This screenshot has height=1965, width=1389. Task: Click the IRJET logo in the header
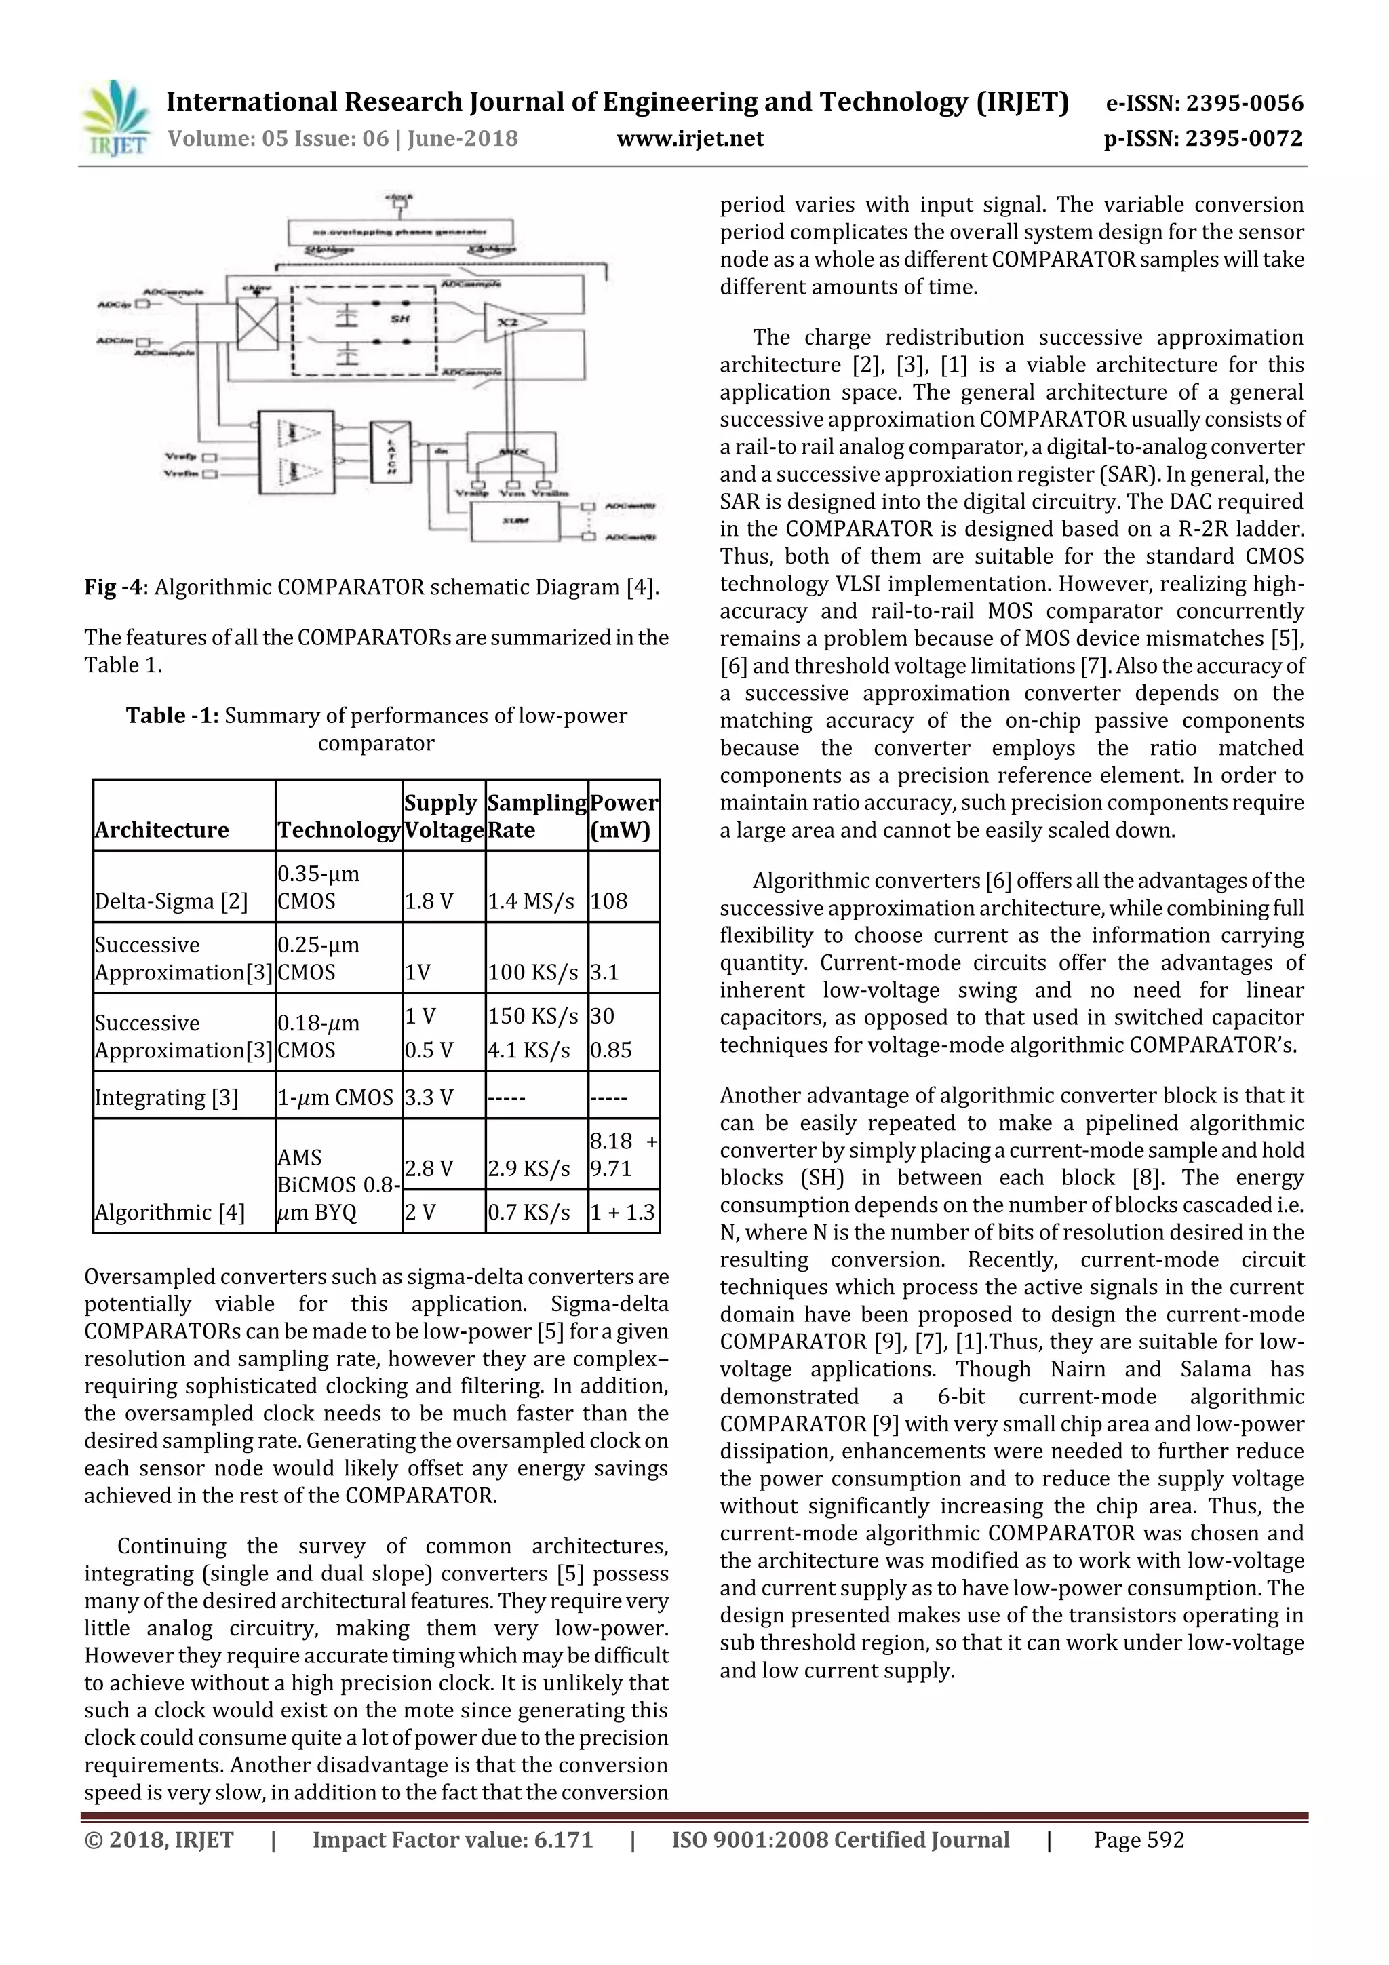115,118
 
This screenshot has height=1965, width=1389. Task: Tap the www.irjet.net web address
690,138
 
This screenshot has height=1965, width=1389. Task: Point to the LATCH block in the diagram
389,451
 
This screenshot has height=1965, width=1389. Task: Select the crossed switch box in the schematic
257,324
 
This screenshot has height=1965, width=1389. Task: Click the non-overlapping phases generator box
401,232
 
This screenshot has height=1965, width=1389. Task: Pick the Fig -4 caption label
112,587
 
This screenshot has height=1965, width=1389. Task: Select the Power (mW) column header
623,815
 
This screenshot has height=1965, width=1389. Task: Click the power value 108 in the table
608,900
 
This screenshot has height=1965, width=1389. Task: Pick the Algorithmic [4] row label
170,1212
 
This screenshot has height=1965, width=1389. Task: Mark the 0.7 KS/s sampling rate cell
529,1212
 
